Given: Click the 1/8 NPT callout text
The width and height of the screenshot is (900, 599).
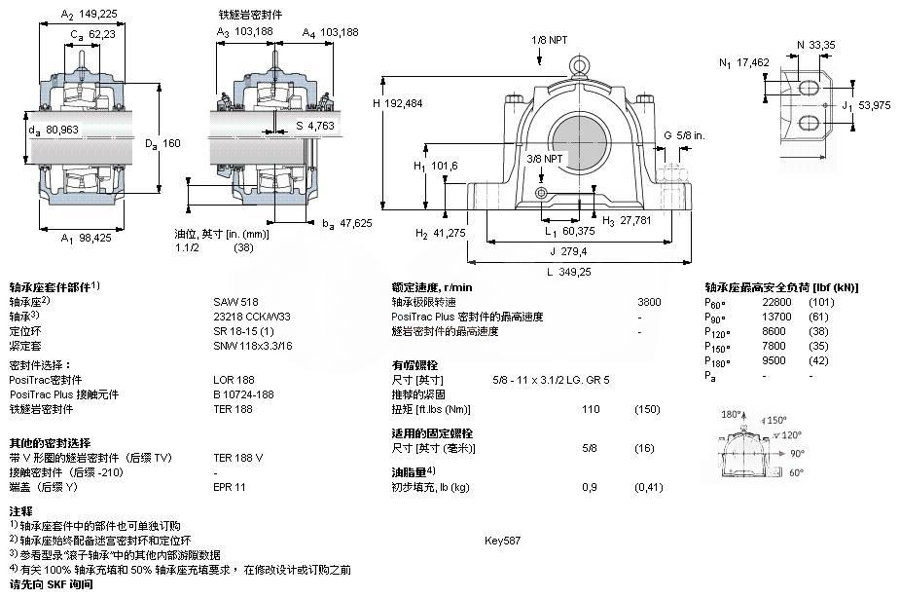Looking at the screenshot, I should [549, 40].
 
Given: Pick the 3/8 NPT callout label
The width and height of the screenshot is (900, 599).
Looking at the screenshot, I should [545, 158].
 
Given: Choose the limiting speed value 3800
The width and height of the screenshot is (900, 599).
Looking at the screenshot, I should [649, 302].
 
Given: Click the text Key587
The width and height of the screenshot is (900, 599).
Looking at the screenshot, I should [503, 540].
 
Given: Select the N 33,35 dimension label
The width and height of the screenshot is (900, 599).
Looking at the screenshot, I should [814, 45].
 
